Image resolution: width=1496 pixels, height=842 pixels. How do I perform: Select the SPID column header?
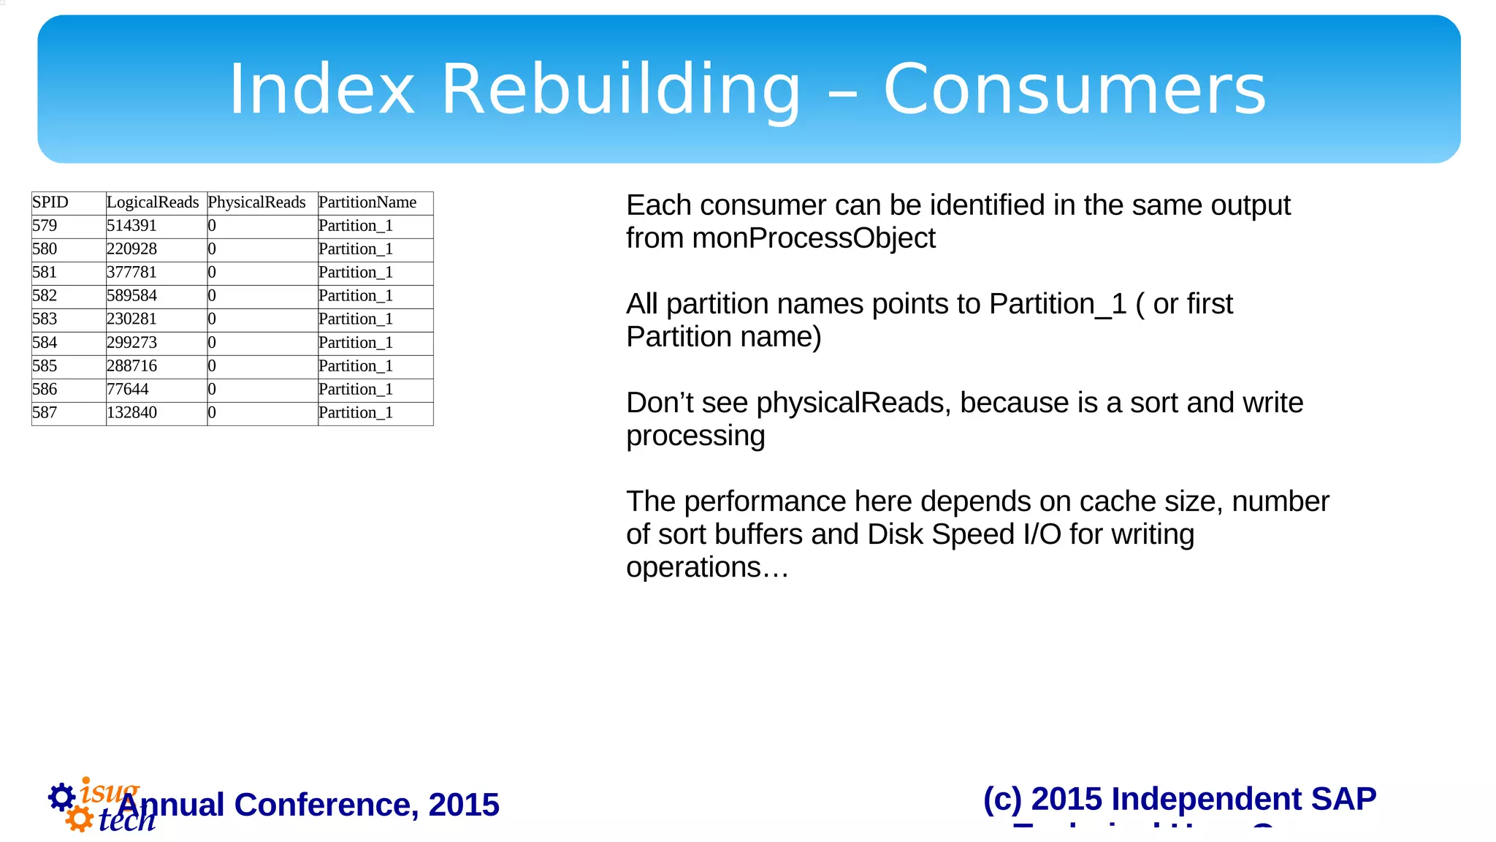[x=50, y=202]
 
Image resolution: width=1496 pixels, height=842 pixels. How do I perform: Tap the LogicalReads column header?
[x=153, y=202]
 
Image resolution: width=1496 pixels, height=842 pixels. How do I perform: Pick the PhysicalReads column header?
[x=256, y=202]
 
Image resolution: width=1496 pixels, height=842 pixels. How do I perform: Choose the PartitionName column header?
[x=367, y=202]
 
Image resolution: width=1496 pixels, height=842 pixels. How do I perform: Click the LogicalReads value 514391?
[x=131, y=226]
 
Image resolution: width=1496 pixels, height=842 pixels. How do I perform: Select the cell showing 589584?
[x=131, y=296]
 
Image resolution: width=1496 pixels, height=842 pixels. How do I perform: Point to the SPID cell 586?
[x=45, y=390]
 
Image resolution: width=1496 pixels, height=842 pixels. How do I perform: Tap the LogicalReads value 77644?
[x=128, y=390]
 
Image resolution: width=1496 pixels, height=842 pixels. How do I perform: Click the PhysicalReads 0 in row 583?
[x=212, y=319]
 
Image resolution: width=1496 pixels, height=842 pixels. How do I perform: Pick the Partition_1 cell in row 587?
[x=356, y=413]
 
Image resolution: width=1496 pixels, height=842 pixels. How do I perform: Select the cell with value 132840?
[x=131, y=413]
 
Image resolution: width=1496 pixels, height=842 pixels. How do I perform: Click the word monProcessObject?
[x=813, y=238]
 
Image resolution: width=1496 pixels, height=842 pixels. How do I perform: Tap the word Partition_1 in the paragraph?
[x=1058, y=304]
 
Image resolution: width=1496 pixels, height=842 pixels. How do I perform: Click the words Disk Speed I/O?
[x=964, y=534]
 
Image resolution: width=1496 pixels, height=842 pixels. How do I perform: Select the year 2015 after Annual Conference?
[x=464, y=805]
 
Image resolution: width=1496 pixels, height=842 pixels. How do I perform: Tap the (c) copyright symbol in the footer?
[x=1001, y=799]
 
